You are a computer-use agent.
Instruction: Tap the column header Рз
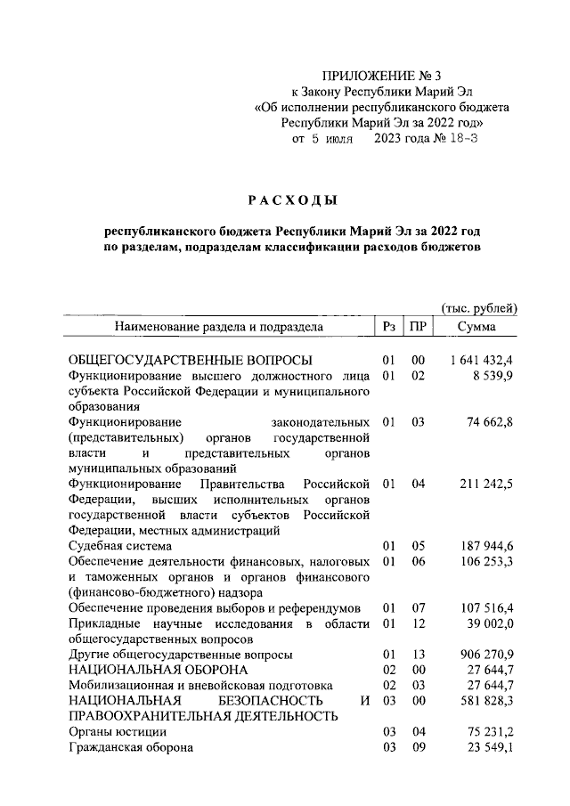pos(388,327)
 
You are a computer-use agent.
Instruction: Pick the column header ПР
pos(417,327)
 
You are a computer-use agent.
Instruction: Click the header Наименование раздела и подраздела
pos(218,327)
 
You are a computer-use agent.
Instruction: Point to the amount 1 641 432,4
pos(482,360)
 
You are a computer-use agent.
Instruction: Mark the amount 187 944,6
pos(487,545)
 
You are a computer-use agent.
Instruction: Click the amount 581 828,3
pos(487,702)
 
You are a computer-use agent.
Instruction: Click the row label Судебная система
pos(121,545)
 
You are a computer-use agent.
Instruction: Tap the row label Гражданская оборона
pos(131,748)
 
